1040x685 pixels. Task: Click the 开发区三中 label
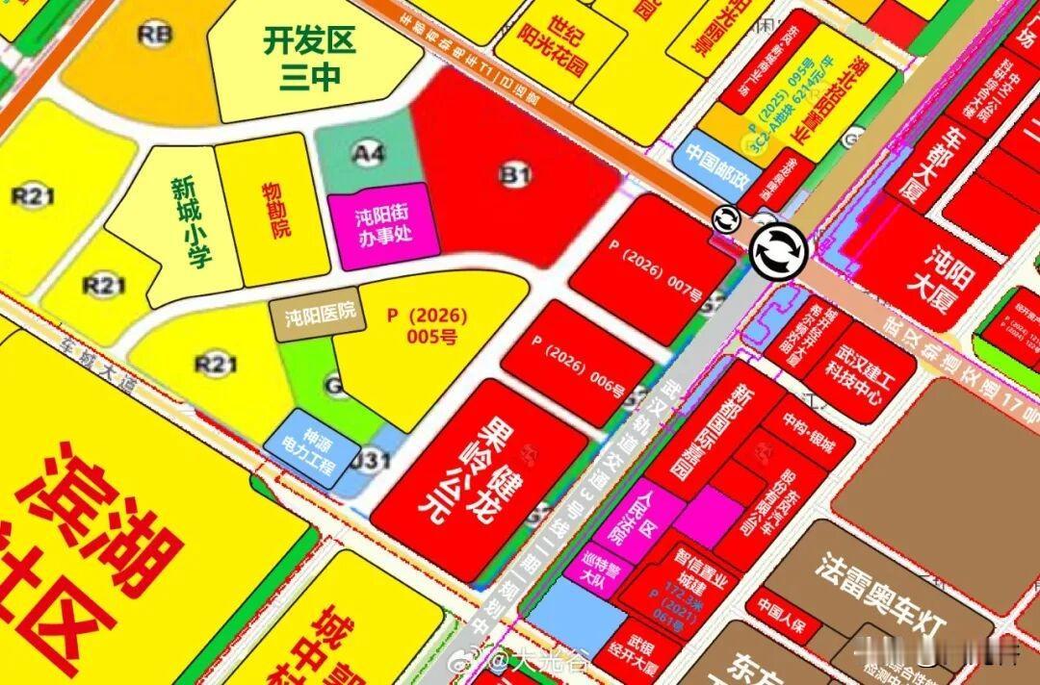(310, 59)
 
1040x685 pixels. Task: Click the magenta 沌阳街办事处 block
(384, 225)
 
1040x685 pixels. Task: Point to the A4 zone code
(368, 152)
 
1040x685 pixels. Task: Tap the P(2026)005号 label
(427, 325)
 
